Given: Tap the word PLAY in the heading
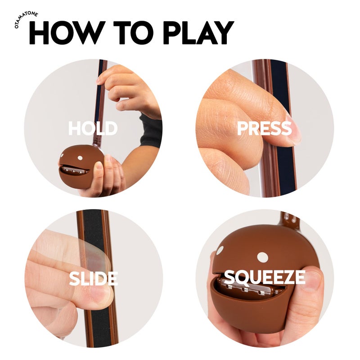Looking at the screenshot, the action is [198, 32].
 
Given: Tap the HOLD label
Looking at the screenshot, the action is [93, 128].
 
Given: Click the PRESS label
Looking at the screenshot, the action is [264, 128].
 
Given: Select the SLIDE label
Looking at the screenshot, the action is [94, 278].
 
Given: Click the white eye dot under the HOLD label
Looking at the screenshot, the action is [80, 158].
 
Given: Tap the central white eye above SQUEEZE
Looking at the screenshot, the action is [263, 257].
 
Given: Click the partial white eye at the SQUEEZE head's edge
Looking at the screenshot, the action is [220, 250].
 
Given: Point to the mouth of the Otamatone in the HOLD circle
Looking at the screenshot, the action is [74, 170].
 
